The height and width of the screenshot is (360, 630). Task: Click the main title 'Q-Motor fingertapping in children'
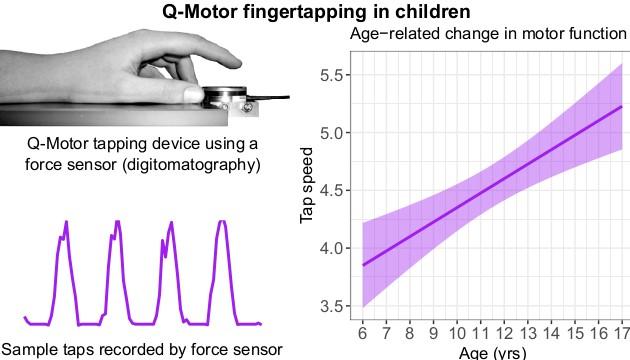(x=315, y=13)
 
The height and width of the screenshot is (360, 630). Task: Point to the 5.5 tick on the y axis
(x=332, y=75)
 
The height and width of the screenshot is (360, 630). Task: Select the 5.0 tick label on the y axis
(x=332, y=133)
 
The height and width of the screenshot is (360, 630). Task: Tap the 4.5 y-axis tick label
(x=332, y=190)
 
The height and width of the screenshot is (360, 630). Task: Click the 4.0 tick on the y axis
(x=332, y=248)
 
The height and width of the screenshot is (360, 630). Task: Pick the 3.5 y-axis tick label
(x=332, y=305)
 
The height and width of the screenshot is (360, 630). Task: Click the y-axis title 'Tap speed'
(x=309, y=190)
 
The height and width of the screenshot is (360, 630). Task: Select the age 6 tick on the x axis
(x=362, y=333)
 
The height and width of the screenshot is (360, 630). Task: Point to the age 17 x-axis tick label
(x=620, y=333)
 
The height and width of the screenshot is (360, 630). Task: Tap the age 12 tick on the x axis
(x=503, y=333)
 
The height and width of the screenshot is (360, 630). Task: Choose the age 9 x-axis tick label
(x=432, y=333)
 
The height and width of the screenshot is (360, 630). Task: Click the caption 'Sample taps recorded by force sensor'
(x=142, y=348)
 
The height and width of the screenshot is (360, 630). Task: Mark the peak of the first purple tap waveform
(x=67, y=222)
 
